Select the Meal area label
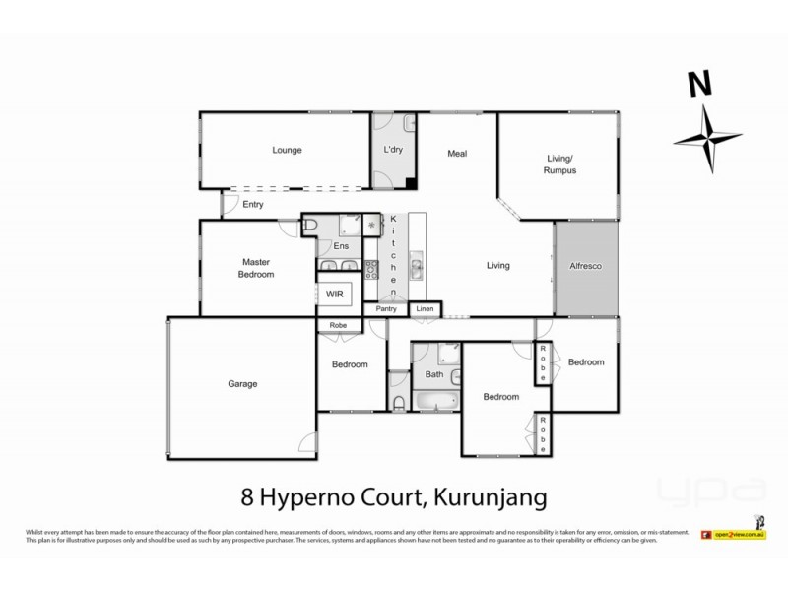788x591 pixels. pyautogui.click(x=456, y=154)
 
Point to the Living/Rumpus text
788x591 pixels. pyautogui.click(x=560, y=164)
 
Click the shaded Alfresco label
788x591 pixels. pyautogui.click(x=585, y=266)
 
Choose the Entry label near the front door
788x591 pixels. pyautogui.click(x=253, y=205)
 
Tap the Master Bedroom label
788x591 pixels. pyautogui.click(x=256, y=268)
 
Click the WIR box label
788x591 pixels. pyautogui.click(x=333, y=294)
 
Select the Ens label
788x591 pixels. pyautogui.click(x=342, y=245)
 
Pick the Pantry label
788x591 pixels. pyautogui.click(x=386, y=309)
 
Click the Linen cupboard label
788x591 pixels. pyautogui.click(x=424, y=309)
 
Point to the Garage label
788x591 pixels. pyautogui.click(x=242, y=384)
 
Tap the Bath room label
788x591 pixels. pyautogui.click(x=434, y=374)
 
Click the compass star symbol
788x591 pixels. pyautogui.click(x=711, y=141)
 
